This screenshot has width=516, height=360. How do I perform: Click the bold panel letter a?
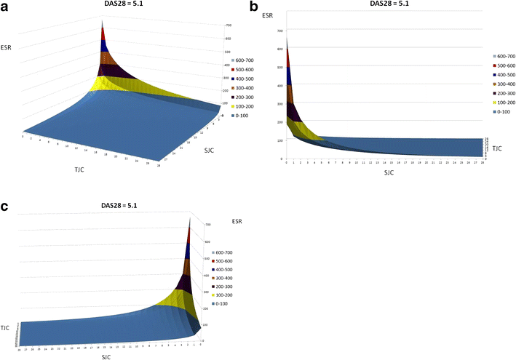point(6,7)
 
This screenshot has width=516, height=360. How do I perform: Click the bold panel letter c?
point(6,206)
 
